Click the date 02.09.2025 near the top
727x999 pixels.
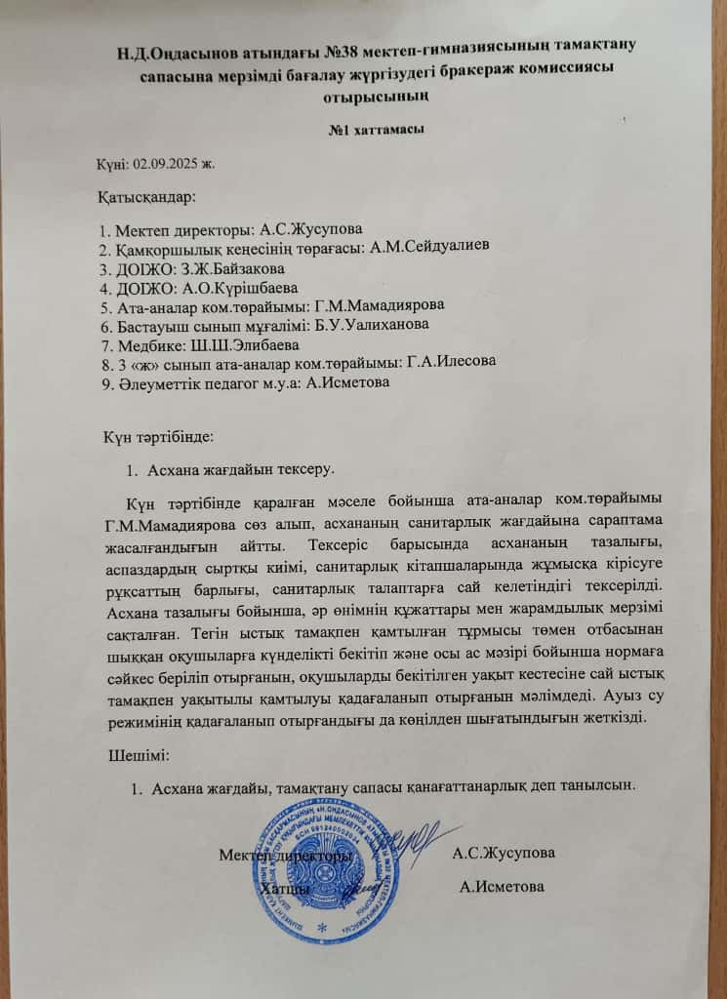pyautogui.click(x=181, y=163)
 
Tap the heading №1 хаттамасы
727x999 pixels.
pyautogui.click(x=377, y=130)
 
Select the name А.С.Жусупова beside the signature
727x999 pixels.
pyautogui.click(x=504, y=853)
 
